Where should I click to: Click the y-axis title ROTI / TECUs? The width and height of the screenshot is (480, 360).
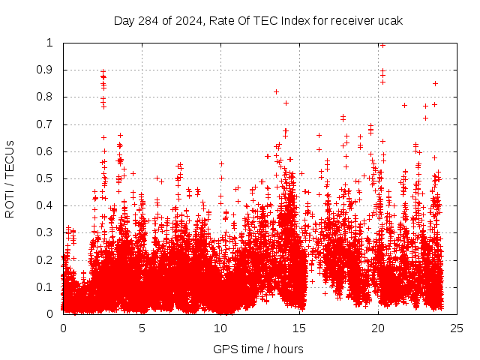point(10,178)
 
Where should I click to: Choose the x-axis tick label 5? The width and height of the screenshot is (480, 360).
point(142,328)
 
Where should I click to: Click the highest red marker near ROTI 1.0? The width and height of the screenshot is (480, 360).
point(382,45)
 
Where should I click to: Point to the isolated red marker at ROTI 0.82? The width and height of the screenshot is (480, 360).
point(276,91)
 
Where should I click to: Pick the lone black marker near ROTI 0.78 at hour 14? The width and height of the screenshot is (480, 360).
point(286,103)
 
